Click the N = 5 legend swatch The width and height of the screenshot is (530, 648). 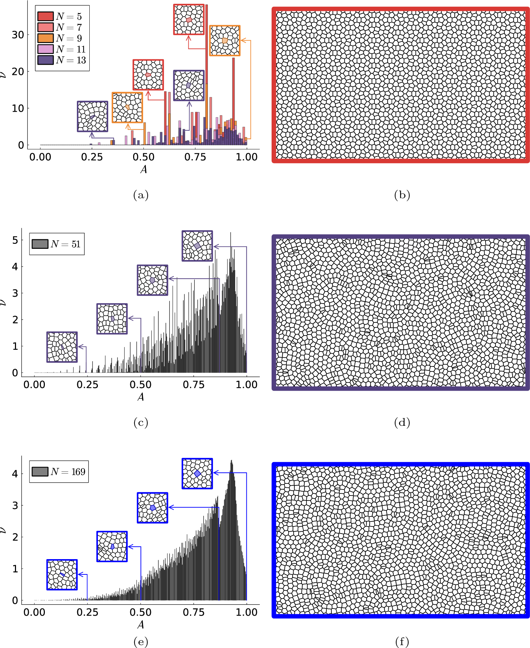click(x=45, y=16)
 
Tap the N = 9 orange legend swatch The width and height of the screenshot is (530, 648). click(x=45, y=38)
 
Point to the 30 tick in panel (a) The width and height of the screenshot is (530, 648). click(x=18, y=35)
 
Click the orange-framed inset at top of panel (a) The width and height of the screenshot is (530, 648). click(x=225, y=41)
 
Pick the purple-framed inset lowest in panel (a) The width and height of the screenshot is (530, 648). click(x=93, y=117)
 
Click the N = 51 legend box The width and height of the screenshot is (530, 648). click(x=57, y=244)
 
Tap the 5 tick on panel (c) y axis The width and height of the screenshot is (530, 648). click(x=15, y=240)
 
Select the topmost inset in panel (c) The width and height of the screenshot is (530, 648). click(x=197, y=246)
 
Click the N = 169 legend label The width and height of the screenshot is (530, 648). click(x=68, y=472)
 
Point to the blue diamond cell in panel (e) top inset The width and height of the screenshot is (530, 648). click(x=198, y=473)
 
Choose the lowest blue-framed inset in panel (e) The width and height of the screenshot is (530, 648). click(x=62, y=575)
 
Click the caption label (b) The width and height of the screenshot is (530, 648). click(x=402, y=195)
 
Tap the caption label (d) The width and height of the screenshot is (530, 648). click(x=402, y=422)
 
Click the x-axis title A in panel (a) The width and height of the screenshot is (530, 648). click(x=143, y=169)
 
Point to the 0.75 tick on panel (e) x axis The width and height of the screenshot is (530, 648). click(x=194, y=612)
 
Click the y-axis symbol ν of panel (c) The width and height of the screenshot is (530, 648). click(x=3, y=302)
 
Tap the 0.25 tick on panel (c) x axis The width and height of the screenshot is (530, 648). click(x=88, y=385)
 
